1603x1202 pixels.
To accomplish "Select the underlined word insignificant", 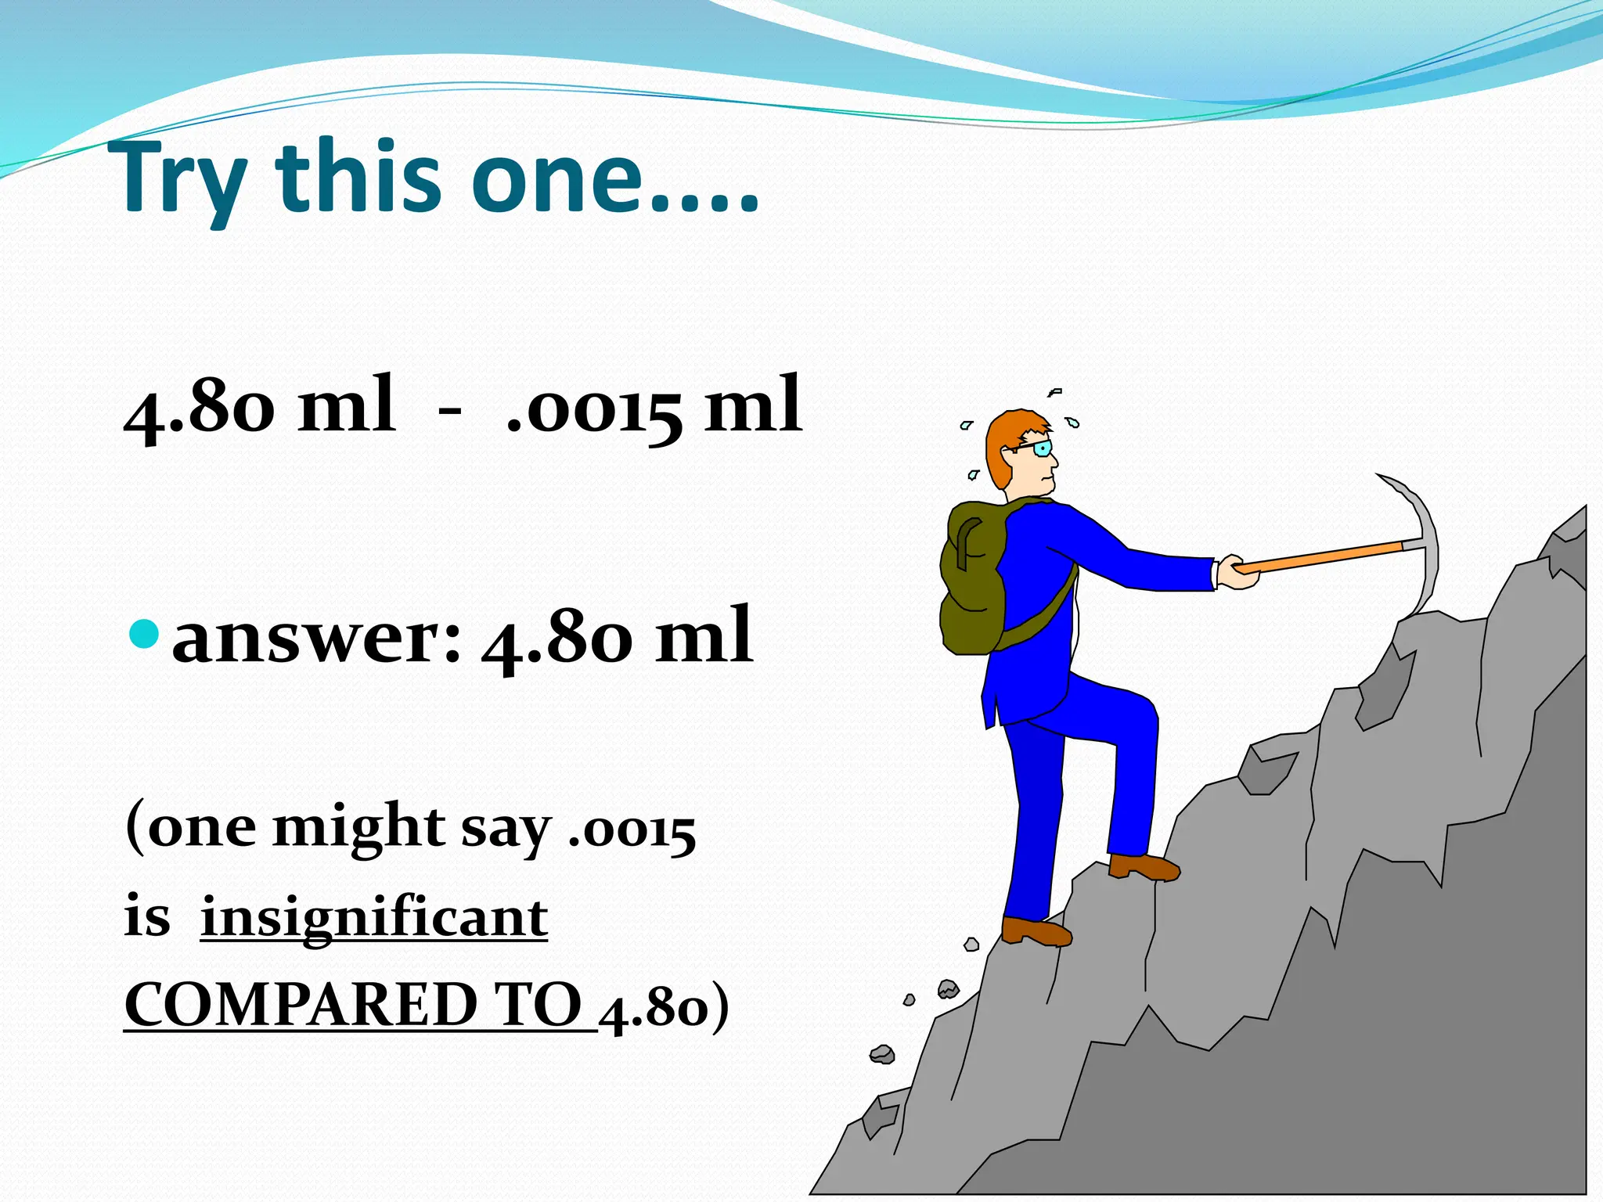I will (374, 917).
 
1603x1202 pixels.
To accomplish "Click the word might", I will (358, 828).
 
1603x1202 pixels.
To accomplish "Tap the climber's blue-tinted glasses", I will (1040, 448).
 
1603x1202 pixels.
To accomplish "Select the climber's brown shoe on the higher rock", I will (1144, 866).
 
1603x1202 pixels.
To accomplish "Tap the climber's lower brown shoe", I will (1035, 930).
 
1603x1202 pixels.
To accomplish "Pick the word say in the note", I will (506, 830).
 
